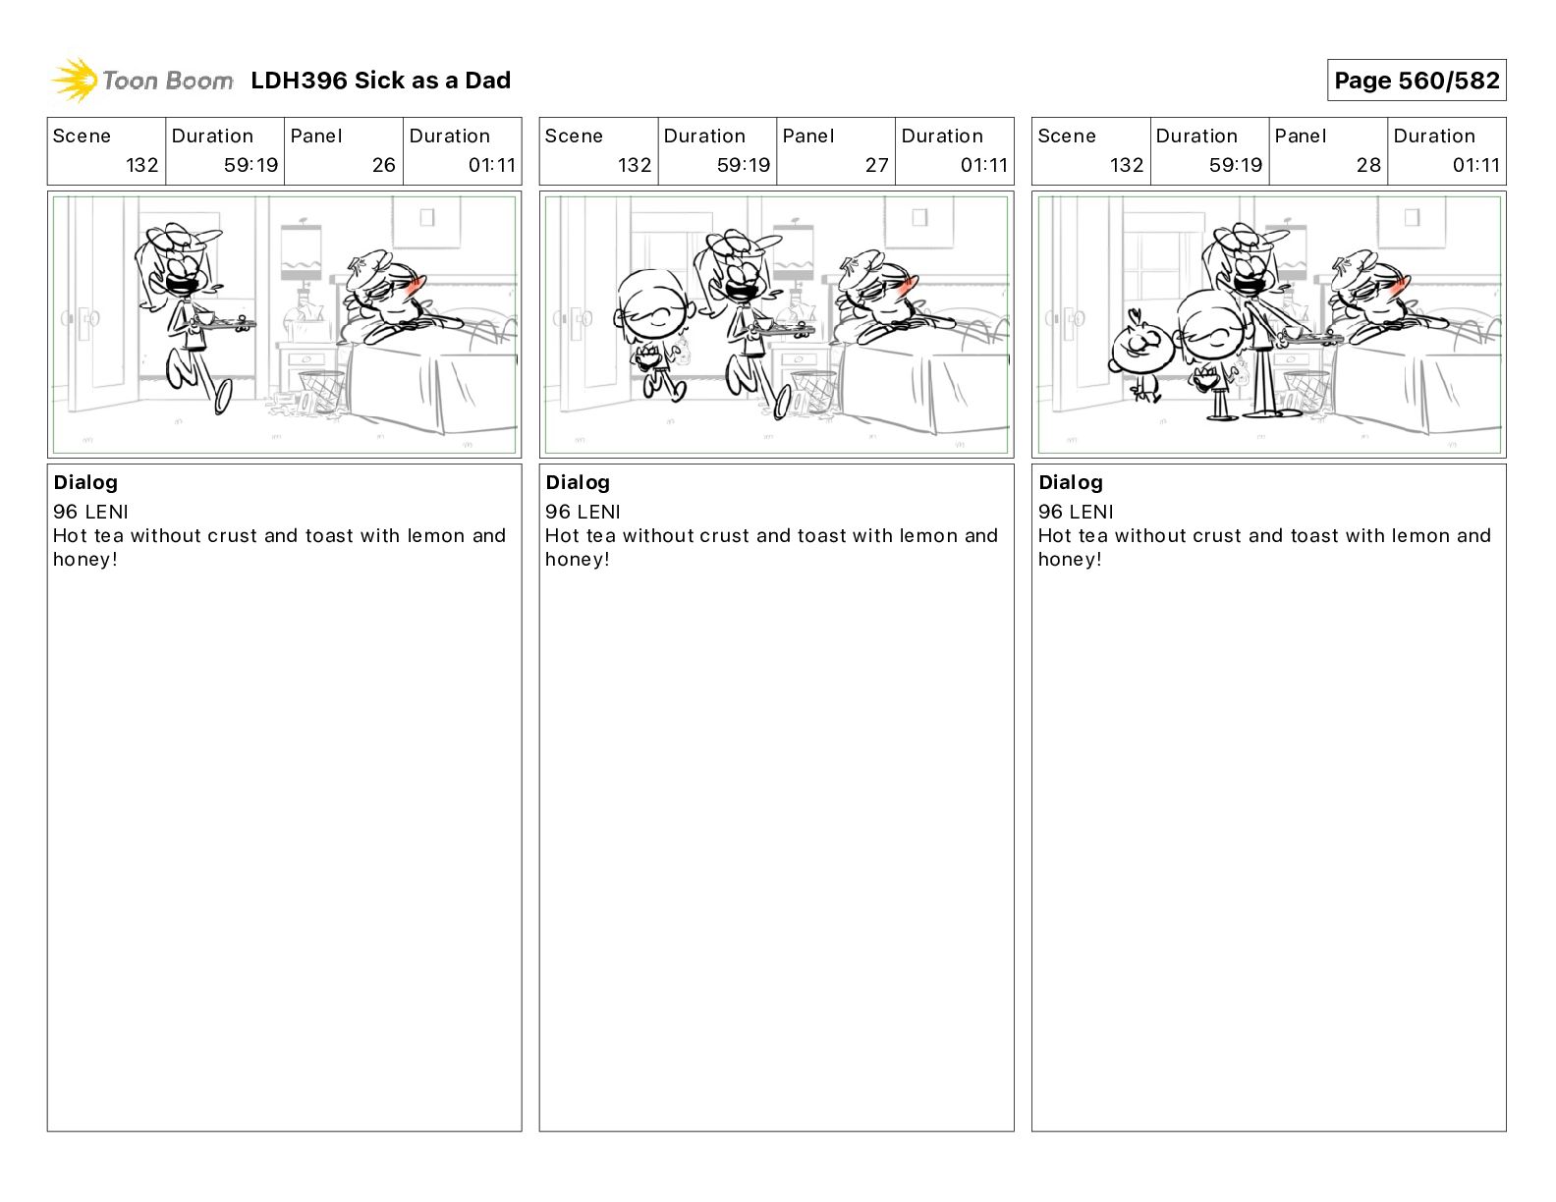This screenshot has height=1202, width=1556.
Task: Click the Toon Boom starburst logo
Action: point(75,81)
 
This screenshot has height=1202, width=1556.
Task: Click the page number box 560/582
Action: point(1417,81)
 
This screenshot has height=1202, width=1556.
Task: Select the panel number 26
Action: point(384,165)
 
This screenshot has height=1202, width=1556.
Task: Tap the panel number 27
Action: point(876,165)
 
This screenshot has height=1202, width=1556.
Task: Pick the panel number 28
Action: point(1368,165)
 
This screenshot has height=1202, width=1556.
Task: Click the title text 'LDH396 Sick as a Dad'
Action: point(381,81)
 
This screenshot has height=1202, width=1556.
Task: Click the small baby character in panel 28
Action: point(1141,355)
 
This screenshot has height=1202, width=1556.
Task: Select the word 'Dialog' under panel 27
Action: point(578,482)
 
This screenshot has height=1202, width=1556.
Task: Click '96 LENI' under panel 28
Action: point(1076,512)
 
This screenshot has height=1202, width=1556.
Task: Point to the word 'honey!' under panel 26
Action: point(85,560)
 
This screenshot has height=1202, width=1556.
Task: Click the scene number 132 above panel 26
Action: point(141,165)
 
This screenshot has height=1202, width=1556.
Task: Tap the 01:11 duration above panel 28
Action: point(1475,165)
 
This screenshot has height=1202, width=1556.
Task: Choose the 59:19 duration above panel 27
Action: point(744,165)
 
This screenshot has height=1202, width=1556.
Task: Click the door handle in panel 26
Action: point(85,317)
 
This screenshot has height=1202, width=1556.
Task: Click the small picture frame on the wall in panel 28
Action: point(1412,217)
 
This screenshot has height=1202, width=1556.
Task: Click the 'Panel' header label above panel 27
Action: point(808,137)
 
